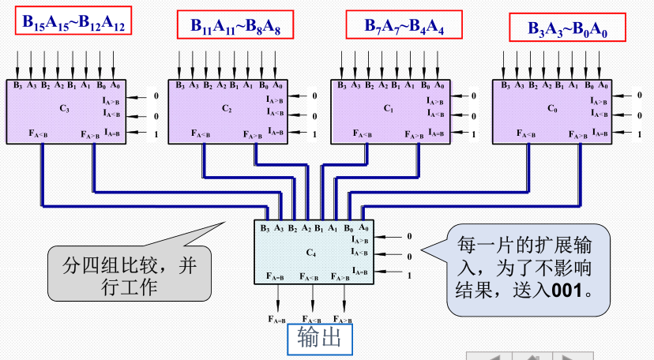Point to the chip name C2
(227, 108)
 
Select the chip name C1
(388, 108)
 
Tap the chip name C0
(552, 109)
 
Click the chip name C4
(310, 252)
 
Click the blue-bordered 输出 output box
(319, 340)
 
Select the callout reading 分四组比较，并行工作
(130, 272)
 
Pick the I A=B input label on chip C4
(359, 272)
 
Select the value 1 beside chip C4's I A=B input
(409, 275)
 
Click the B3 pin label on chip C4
(265, 229)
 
